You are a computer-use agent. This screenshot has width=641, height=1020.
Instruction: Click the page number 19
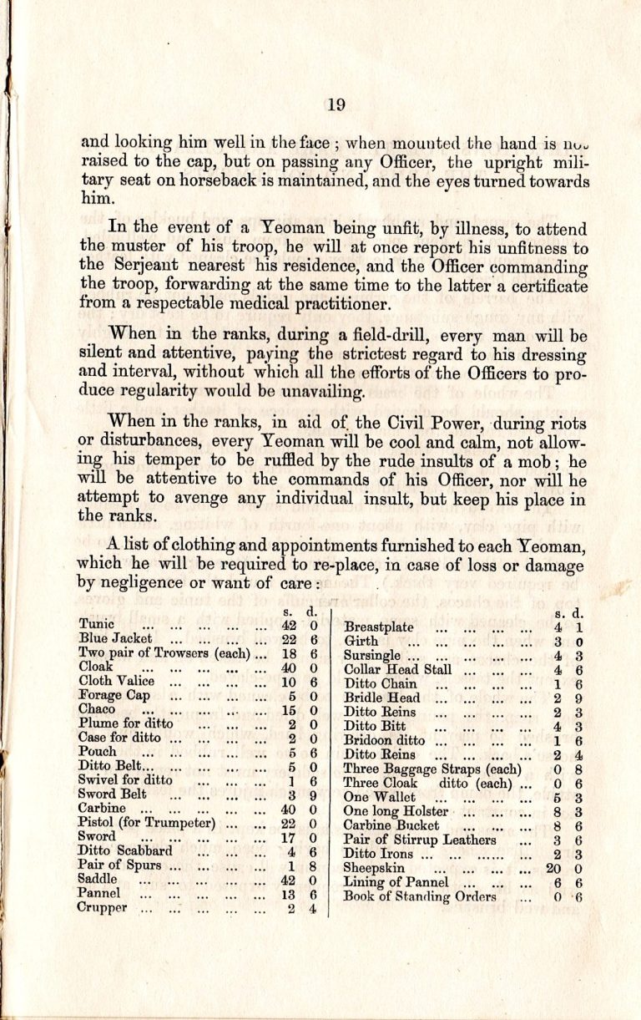336,104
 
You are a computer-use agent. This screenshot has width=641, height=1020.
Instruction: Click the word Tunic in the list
97,624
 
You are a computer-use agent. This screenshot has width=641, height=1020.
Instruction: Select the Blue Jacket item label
115,639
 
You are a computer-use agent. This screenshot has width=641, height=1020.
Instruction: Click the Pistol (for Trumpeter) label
147,823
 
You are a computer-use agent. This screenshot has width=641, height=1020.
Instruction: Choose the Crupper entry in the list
103,909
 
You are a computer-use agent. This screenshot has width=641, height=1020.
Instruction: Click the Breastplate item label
379,627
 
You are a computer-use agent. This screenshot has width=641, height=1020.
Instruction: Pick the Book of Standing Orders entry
420,896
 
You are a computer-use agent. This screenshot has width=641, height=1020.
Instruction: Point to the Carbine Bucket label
391,825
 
